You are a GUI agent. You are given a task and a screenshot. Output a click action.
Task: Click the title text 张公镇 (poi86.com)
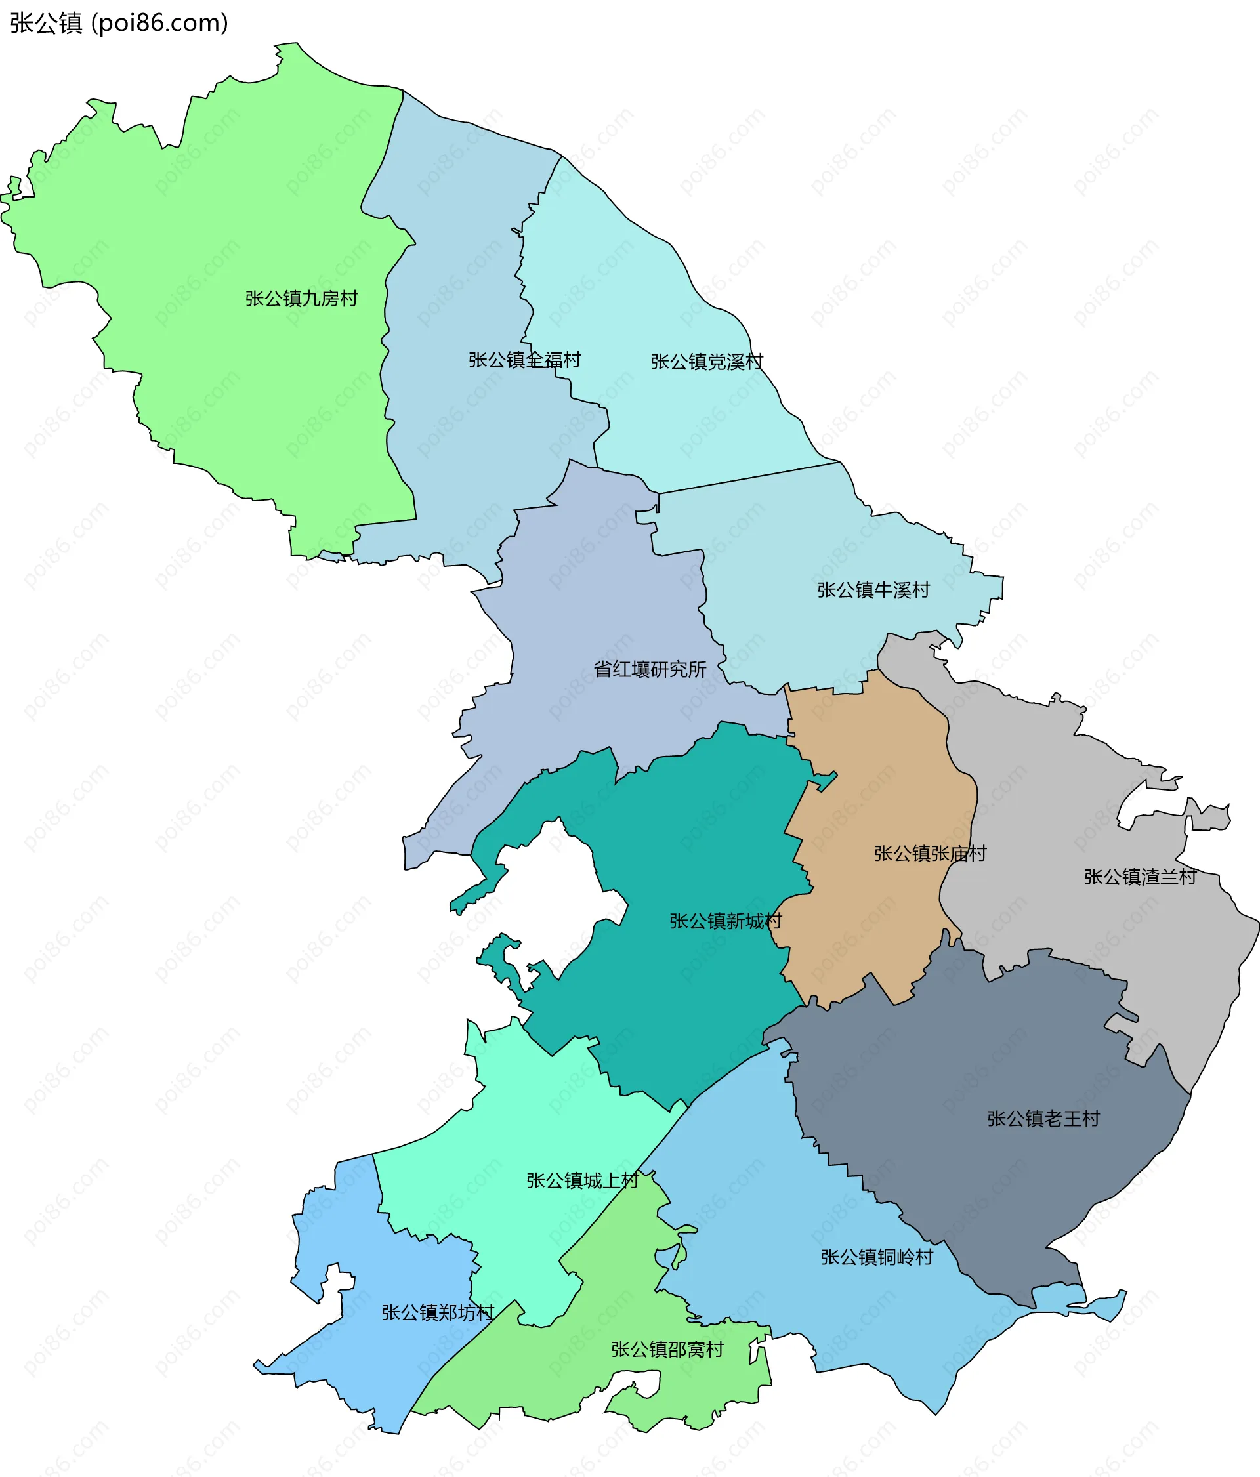(x=119, y=23)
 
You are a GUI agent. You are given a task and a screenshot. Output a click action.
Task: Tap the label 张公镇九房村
(x=301, y=298)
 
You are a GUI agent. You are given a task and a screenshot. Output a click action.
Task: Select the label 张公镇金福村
(x=524, y=360)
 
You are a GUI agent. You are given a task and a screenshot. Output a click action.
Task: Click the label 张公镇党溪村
(x=706, y=362)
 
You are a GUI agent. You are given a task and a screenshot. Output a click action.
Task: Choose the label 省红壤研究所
(x=650, y=669)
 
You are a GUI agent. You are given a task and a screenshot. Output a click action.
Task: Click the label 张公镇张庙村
(x=930, y=853)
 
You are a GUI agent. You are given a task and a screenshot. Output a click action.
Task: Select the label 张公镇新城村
(x=724, y=921)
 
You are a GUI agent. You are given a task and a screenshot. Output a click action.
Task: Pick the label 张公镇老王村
(x=1043, y=1119)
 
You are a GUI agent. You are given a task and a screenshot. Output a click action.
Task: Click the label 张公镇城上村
(x=582, y=1180)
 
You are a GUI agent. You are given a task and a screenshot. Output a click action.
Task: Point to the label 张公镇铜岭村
(x=876, y=1257)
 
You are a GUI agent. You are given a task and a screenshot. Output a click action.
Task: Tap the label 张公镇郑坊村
(x=437, y=1312)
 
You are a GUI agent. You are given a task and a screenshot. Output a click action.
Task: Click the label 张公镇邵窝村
(x=667, y=1350)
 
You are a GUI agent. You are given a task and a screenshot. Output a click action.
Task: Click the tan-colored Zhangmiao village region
(x=877, y=784)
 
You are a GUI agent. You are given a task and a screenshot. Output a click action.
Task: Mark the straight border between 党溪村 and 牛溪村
(x=749, y=477)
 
